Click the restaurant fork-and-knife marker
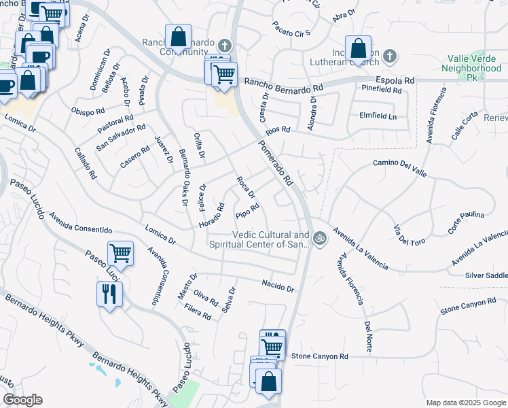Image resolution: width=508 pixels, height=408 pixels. click(x=109, y=295)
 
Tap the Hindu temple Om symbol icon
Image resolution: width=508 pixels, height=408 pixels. click(x=320, y=239)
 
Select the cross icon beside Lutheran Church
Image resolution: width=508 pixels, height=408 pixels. click(x=389, y=55)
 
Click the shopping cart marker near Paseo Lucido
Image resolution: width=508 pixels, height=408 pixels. click(x=120, y=254)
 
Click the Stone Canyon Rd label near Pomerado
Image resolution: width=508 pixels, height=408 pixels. click(x=319, y=356)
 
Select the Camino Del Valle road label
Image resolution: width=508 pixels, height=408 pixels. click(x=400, y=168)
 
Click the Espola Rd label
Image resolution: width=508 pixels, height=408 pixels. click(x=399, y=80)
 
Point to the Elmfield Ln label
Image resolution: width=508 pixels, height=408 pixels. click(x=378, y=116)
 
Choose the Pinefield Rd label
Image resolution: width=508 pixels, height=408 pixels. click(x=382, y=89)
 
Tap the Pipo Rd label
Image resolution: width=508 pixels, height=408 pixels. click(x=247, y=211)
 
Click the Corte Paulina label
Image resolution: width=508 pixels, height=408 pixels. click(x=466, y=224)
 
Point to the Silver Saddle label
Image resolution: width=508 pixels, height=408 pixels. click(x=486, y=275)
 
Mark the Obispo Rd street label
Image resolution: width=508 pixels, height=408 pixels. click(x=88, y=111)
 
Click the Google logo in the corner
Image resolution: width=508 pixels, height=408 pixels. click(x=22, y=400)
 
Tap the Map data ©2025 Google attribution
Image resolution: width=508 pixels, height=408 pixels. click(x=467, y=403)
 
